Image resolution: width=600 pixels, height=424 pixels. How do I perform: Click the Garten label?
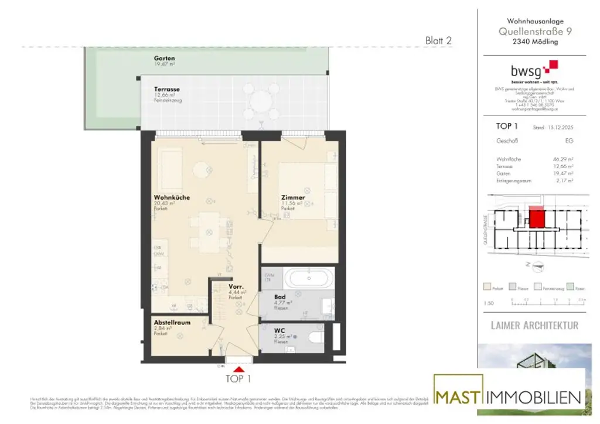coord(165,59)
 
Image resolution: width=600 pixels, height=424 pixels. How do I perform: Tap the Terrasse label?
coord(167,90)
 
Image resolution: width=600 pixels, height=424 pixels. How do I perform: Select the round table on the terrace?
coord(262,102)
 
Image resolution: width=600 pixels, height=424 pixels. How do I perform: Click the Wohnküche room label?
coord(172,197)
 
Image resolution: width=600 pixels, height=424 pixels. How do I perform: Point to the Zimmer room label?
coord(292,197)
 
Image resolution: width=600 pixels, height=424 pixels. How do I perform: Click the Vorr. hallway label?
coord(237,286)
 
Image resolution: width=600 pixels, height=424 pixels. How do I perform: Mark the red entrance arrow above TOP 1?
coord(238,368)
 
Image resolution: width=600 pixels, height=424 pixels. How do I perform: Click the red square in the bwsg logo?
coord(550,66)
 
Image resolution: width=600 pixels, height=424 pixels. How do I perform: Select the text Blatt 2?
coord(438,40)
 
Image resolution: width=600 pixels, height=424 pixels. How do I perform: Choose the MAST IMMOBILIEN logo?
coord(509,396)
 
